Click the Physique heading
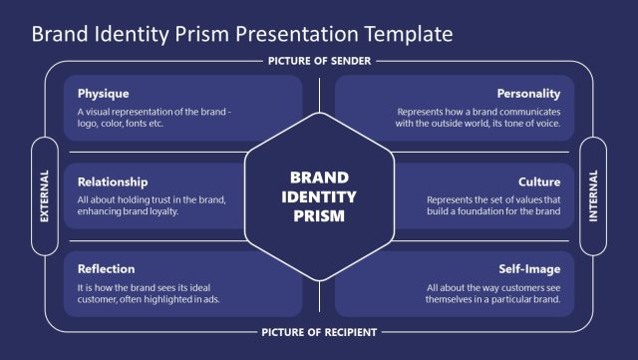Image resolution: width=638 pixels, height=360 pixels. (103, 94)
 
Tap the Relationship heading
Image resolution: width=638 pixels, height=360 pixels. (113, 181)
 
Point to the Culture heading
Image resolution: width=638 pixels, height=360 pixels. (539, 181)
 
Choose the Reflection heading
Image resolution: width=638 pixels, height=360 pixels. (106, 269)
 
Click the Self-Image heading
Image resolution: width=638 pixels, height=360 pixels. (529, 269)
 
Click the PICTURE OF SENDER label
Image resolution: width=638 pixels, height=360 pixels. (319, 61)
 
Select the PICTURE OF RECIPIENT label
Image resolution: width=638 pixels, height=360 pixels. (319, 332)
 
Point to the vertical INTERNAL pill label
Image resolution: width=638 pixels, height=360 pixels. (593, 195)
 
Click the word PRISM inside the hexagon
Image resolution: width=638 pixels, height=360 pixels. (319, 215)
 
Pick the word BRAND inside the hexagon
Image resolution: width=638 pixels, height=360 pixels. (319, 177)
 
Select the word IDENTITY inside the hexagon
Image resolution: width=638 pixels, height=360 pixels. (319, 195)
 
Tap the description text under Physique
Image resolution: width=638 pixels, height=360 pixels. (155, 119)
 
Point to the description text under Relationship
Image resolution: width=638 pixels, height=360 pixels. (152, 205)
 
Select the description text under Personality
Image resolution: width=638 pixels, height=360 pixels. (478, 119)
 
